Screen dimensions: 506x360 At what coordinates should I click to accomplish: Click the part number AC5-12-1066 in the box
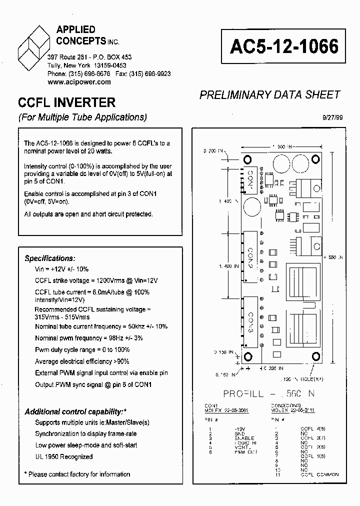tap(284, 46)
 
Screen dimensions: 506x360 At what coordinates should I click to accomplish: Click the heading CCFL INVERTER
tap(66, 102)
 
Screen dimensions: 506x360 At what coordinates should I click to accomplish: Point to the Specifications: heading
tap(50, 258)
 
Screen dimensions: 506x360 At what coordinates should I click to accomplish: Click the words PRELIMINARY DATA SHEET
tap(269, 95)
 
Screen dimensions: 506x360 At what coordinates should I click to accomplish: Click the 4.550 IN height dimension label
tap(334, 257)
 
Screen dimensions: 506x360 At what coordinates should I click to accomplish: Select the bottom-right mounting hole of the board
tap(315, 355)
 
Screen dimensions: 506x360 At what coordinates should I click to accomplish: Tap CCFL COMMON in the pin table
tap(319, 474)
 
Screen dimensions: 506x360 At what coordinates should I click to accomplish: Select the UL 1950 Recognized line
tap(64, 456)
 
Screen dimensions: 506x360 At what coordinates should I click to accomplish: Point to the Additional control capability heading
tap(74, 411)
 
